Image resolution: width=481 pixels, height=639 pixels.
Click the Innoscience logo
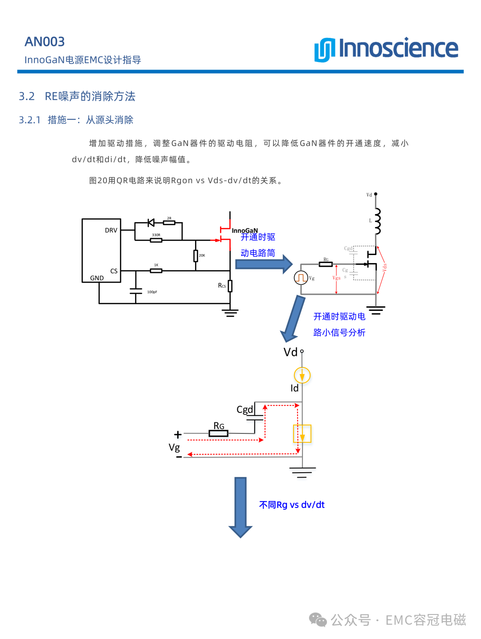pyautogui.click(x=386, y=49)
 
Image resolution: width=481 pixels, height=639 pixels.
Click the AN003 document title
pyautogui.click(x=45, y=42)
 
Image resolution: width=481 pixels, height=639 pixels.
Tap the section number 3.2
pyautogui.click(x=27, y=96)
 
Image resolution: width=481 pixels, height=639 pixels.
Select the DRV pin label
pyautogui.click(x=111, y=231)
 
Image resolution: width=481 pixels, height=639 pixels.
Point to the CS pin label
pyautogui.click(x=114, y=271)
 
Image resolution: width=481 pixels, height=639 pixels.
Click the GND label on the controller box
pyautogui.click(x=97, y=278)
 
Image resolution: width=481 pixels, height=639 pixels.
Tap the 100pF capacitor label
pyautogui.click(x=152, y=292)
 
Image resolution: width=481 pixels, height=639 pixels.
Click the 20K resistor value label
pyautogui.click(x=202, y=256)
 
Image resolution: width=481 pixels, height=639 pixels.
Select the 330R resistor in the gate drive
pyautogui.click(x=156, y=240)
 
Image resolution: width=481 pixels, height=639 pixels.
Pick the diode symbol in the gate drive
pyautogui.click(x=151, y=223)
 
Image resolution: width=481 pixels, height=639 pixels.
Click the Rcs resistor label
pyautogui.click(x=222, y=285)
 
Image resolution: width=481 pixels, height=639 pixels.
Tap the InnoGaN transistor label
pyautogui.click(x=245, y=231)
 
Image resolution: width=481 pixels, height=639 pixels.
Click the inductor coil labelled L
pyautogui.click(x=378, y=221)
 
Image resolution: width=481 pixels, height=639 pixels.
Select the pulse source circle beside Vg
pyautogui.click(x=301, y=278)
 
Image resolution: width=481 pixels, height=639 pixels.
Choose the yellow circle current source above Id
pyautogui.click(x=302, y=375)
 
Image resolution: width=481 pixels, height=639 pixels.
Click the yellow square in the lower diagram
pyautogui.click(x=302, y=433)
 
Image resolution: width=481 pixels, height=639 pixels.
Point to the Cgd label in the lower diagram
pyautogui.click(x=245, y=409)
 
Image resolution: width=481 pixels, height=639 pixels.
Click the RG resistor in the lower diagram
pyautogui.click(x=218, y=433)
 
